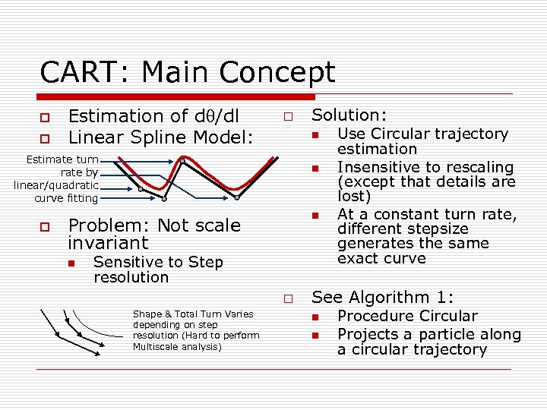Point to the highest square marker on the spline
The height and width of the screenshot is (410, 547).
pyautogui.click(x=182, y=160)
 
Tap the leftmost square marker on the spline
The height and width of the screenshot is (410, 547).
pyautogui.click(x=140, y=189)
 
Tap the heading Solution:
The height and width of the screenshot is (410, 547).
pyautogui.click(x=349, y=115)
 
